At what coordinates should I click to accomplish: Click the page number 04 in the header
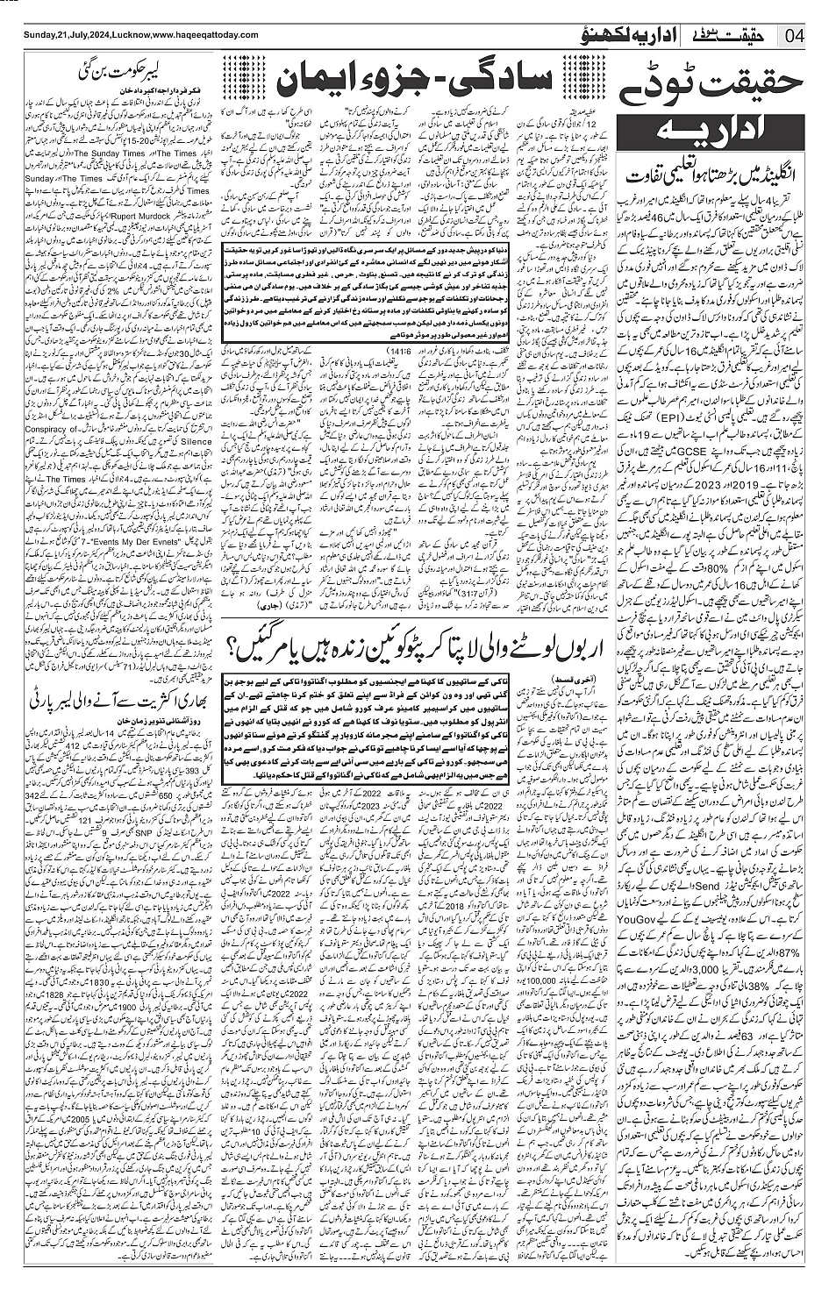[796, 35]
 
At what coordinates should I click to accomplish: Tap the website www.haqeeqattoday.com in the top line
[204, 34]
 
